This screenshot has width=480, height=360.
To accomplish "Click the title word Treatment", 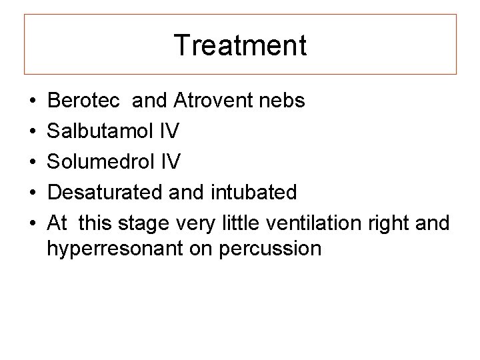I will [x=240, y=46].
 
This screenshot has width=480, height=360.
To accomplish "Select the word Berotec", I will [x=84, y=101].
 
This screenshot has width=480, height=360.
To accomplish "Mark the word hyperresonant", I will [x=111, y=249].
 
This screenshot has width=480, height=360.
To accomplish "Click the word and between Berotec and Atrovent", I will [x=150, y=101].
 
